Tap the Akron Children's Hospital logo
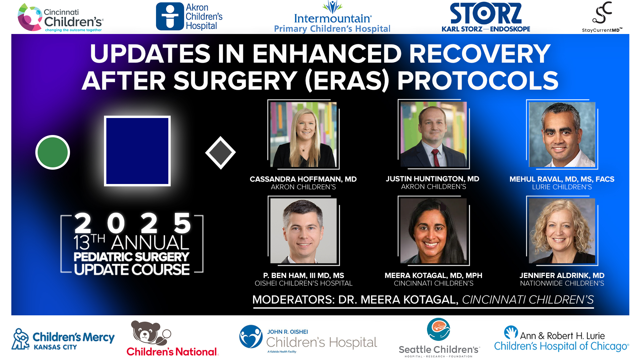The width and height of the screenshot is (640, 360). point(189,17)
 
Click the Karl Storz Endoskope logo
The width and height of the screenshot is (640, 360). point(486,17)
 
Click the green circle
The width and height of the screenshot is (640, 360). point(53,152)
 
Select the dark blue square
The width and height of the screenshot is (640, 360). point(137,151)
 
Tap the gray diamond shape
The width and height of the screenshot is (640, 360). point(220,153)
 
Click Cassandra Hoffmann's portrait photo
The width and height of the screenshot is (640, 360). point(303,134)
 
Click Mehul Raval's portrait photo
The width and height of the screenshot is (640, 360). point(562,134)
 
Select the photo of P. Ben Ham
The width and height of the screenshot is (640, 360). point(303,231)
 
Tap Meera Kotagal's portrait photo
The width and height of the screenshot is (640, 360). point(433,231)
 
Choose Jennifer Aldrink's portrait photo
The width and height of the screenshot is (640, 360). point(562,231)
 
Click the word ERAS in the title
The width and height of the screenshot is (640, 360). point(347,81)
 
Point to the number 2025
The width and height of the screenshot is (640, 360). point(132,223)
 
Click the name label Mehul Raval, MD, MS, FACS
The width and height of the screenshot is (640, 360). point(562,179)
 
